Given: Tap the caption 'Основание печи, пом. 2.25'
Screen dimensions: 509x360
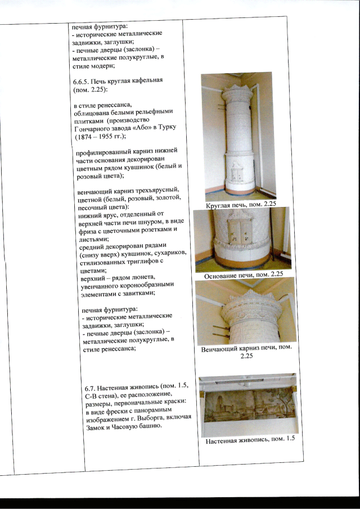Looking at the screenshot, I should [x=243, y=274].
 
